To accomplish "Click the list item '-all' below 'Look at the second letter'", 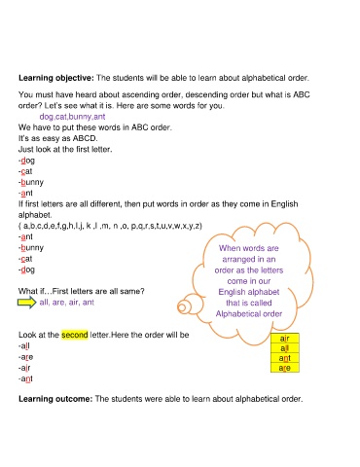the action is pos(24,347).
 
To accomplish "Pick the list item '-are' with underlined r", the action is pos(25,358).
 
